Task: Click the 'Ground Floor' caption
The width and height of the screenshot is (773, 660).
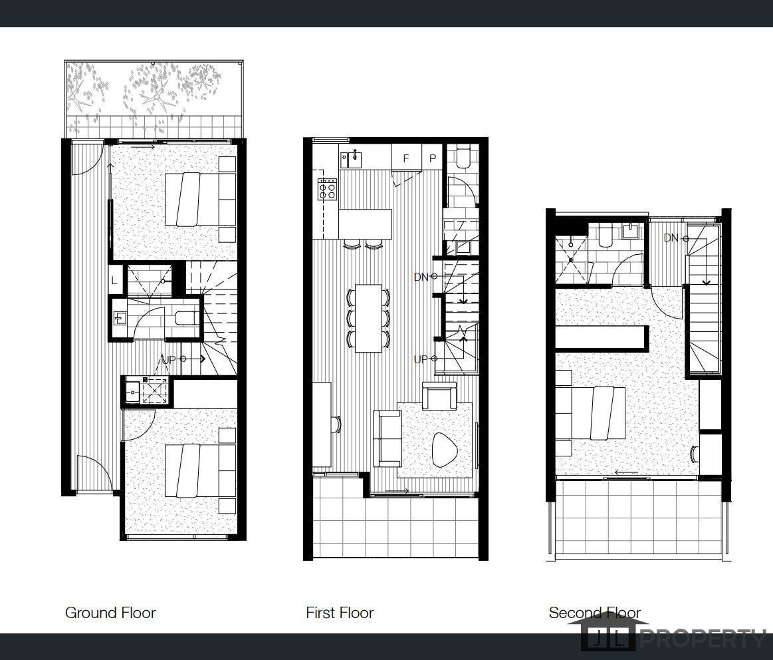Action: coord(110,613)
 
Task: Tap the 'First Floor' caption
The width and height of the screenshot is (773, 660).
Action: coord(340,613)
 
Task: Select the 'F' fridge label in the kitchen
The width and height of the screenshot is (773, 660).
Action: coord(406,158)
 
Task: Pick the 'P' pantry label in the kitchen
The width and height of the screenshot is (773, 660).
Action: coord(433,158)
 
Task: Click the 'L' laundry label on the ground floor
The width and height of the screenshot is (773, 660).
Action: coord(114,281)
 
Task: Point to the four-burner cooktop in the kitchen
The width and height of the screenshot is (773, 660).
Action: coord(328,190)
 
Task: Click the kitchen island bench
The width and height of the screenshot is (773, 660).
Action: coord(366,224)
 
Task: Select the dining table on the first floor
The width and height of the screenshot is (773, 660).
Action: coord(368,318)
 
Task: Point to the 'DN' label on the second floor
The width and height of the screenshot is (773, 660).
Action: coord(671,238)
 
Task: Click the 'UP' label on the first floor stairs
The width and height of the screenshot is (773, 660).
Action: coord(421,359)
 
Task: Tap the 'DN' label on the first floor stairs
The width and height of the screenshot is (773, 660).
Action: coord(421,277)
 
